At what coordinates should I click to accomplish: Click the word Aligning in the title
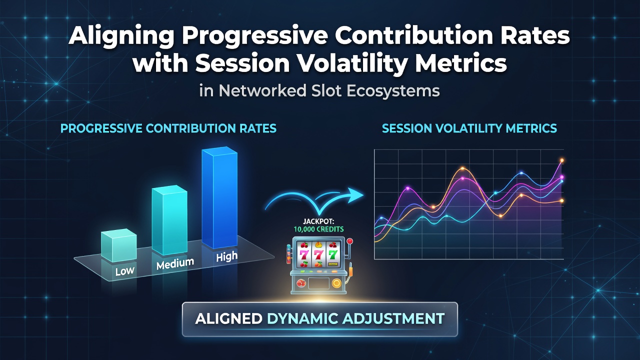[x=121, y=36]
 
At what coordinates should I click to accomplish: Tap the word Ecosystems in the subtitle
[x=393, y=91]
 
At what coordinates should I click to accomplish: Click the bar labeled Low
[x=118, y=245]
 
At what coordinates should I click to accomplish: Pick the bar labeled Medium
[x=169, y=220]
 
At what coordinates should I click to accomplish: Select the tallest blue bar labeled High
[x=219, y=197]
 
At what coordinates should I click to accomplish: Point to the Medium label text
[x=175, y=263]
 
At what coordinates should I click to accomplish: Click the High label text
[x=227, y=256]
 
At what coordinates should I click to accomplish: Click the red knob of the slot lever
[x=350, y=241]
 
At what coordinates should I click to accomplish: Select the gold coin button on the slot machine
[x=336, y=283]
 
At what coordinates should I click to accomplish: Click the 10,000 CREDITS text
[x=318, y=229]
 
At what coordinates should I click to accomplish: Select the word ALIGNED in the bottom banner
[x=228, y=318]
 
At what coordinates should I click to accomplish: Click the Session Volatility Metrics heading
[x=469, y=128]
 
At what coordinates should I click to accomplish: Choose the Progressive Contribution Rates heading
[x=168, y=128]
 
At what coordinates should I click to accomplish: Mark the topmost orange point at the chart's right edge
[x=561, y=160]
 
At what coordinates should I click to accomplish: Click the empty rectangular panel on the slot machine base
[x=317, y=283]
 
